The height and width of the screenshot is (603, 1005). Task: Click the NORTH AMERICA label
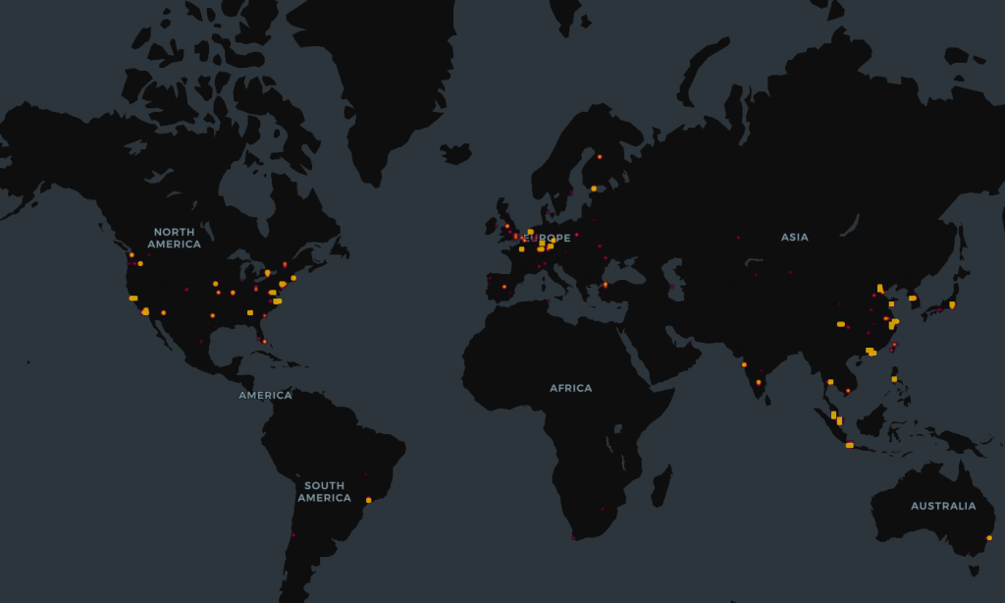pos(174,238)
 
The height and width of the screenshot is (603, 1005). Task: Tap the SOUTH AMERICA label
pos(324,491)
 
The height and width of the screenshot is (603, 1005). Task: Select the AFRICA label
pos(570,388)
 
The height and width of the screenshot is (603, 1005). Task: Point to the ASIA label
pos(794,237)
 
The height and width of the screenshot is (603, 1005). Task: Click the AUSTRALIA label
pos(942,506)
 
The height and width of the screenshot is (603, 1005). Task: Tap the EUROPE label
pos(548,238)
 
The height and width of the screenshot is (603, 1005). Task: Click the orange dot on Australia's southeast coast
pos(988,537)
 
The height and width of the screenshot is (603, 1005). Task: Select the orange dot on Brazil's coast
pos(369,500)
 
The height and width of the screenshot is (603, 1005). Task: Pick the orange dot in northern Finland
pos(599,156)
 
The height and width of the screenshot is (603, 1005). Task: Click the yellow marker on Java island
pos(849,445)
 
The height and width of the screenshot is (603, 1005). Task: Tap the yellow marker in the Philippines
pos(894,378)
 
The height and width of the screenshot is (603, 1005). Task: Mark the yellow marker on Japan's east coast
pos(952,304)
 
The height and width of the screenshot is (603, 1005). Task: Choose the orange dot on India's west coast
pos(744,364)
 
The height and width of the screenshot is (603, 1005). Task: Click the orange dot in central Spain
pos(504,287)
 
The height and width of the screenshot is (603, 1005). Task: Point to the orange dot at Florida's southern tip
pos(264,341)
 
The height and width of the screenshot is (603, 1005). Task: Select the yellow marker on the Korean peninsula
pos(912,298)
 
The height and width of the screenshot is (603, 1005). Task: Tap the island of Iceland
pos(455,153)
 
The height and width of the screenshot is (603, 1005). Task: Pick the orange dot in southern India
pos(759,382)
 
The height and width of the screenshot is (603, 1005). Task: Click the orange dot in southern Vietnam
pos(848,390)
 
